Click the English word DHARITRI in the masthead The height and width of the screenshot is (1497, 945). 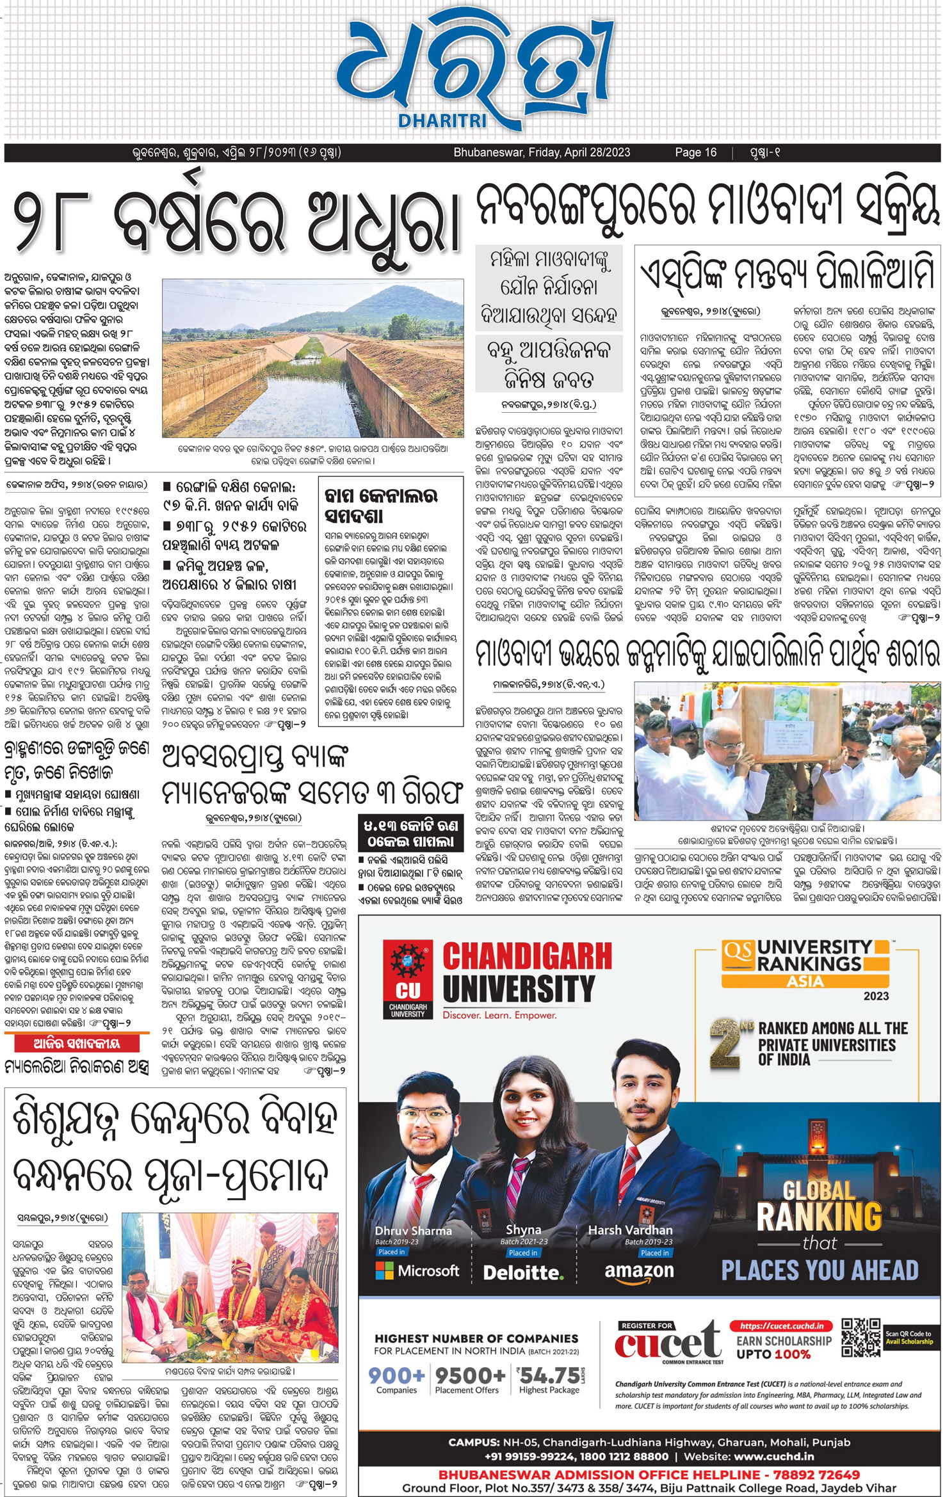click(x=442, y=120)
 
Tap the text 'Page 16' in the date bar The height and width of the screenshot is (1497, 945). click(x=695, y=152)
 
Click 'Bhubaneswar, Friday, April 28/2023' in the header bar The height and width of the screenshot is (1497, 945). click(x=542, y=152)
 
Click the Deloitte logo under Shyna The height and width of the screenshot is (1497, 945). click(x=523, y=1272)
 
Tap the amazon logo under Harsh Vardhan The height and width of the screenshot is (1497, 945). click(x=639, y=1271)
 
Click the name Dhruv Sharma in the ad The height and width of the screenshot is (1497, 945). click(x=413, y=1230)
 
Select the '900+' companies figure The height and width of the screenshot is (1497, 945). click(x=396, y=1375)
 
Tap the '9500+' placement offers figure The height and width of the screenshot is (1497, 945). click(x=470, y=1375)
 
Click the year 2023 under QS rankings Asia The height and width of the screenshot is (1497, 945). click(x=876, y=996)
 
